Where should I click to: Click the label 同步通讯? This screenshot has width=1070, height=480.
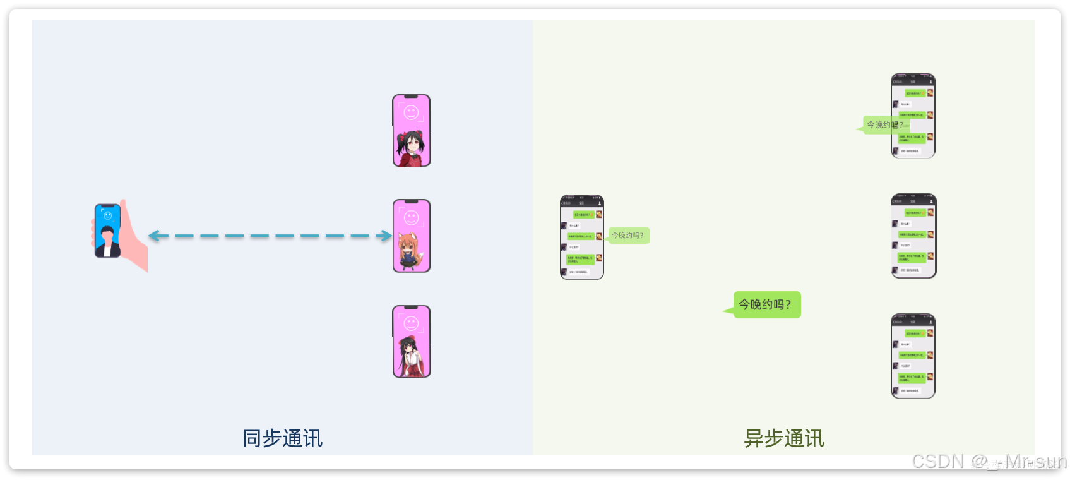point(282,438)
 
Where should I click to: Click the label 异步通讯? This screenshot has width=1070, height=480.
point(784,438)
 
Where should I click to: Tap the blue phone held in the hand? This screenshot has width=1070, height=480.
point(107,231)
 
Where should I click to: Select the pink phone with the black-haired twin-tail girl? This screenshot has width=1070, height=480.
point(412,131)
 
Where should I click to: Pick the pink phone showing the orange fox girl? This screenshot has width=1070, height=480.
point(412,236)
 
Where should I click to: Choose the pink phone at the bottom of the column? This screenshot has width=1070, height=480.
point(412,342)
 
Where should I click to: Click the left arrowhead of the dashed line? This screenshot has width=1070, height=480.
point(153,236)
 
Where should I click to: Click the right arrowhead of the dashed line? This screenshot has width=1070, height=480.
point(386,236)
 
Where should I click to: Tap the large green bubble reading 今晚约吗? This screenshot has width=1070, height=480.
point(765,304)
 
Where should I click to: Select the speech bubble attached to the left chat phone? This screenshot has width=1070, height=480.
point(628,236)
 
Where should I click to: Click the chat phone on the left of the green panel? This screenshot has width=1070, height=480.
point(582,237)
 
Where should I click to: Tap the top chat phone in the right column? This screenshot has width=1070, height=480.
point(913,116)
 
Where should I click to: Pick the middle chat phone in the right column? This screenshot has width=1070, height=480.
point(913,236)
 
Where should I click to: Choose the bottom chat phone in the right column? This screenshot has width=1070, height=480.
point(913,356)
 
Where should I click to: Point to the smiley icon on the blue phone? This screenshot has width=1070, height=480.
point(108,216)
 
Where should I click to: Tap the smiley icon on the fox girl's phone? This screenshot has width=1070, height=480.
point(412,218)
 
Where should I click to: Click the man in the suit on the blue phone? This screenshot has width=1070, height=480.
point(108,243)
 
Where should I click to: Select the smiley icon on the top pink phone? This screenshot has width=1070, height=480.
point(412,113)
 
